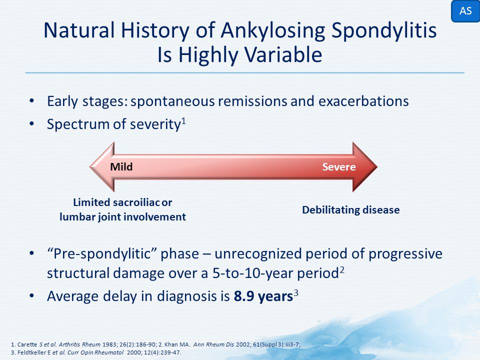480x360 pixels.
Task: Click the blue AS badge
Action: [465, 11]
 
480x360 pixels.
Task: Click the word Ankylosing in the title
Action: [273, 31]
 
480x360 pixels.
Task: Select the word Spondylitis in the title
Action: [384, 31]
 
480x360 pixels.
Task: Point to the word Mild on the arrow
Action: [121, 167]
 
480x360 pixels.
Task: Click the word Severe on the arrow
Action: [339, 167]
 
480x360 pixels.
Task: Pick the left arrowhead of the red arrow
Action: [102, 167]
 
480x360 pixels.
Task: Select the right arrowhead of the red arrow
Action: [365, 167]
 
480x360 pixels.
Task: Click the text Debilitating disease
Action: [351, 210]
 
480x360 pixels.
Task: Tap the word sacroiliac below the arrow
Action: [136, 202]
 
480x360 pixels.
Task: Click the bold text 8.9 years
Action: [263, 296]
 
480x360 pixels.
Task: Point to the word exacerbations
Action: [363, 101]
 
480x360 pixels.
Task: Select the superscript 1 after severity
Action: [183, 121]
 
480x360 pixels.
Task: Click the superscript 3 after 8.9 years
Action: [295, 293]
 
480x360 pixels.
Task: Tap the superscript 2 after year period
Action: [341, 270]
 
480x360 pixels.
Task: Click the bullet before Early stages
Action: [32, 100]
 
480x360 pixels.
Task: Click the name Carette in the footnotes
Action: [27, 344]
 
